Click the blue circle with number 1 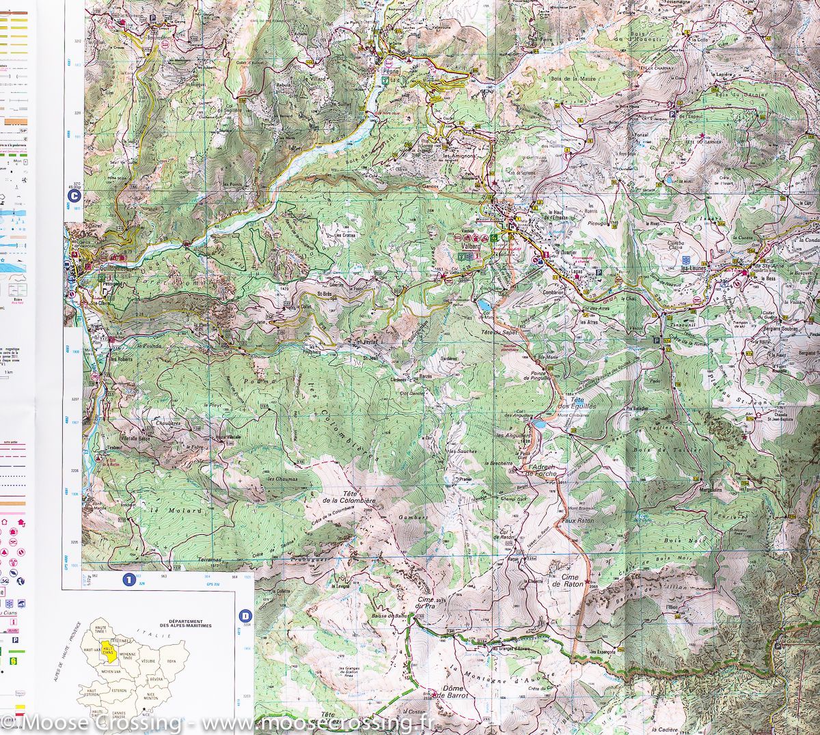(128, 580)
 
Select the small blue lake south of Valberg (484, 303)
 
